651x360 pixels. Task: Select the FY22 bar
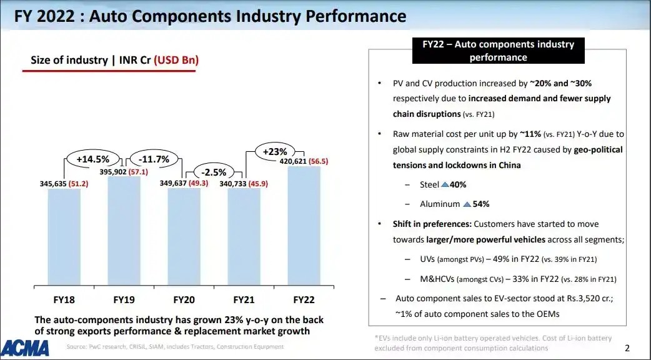coord(304,225)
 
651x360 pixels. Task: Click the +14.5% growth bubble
coord(92,159)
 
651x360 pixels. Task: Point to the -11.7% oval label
coord(154,159)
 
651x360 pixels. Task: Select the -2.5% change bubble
coord(213,172)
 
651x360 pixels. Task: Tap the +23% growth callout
coord(274,151)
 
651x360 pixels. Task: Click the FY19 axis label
coord(124,299)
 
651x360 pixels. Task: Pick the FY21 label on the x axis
coord(244,299)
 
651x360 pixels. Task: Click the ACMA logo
coord(26,347)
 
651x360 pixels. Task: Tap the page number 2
coord(627,347)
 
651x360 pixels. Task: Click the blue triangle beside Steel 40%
coord(445,185)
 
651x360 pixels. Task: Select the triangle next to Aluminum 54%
coord(465,204)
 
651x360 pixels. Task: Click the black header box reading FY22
coord(498,51)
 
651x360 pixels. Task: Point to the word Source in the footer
coord(77,347)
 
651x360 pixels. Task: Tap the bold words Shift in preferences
coord(432,224)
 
